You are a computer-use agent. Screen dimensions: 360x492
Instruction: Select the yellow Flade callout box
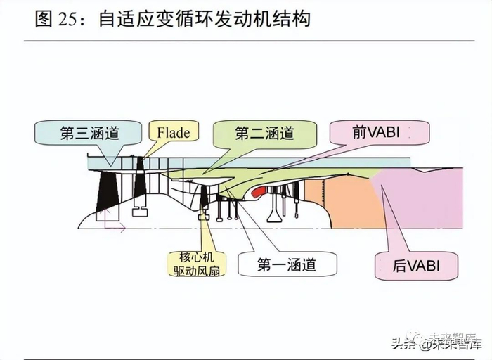coord(173,132)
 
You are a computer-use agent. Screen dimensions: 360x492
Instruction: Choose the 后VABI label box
coord(416,266)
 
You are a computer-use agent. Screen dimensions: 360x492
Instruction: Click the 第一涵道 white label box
coord(286,264)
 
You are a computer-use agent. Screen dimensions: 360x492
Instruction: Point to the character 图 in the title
coord(44,19)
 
